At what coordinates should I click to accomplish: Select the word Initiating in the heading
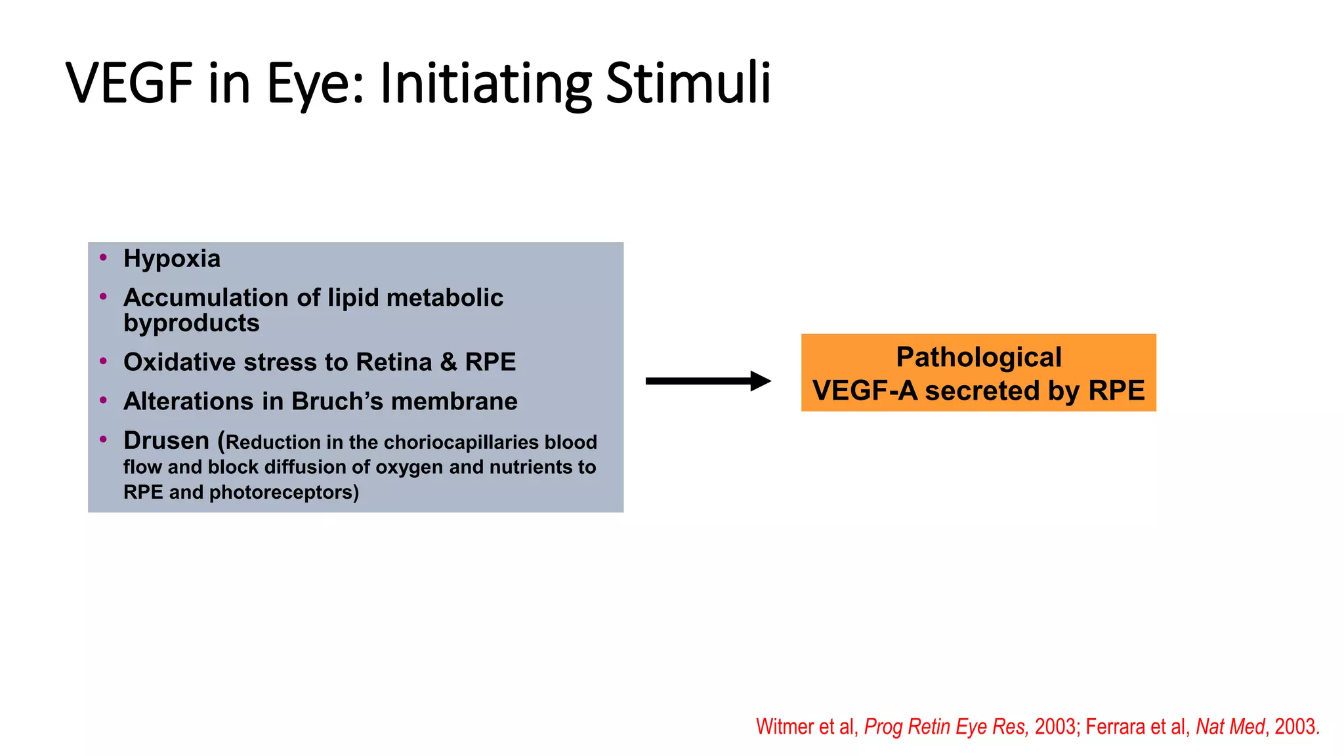pos(486,83)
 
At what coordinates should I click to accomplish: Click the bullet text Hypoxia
pos(172,259)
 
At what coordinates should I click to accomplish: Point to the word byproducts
pos(192,323)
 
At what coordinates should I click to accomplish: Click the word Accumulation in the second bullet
pos(205,297)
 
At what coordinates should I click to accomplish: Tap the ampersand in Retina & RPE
pos(448,362)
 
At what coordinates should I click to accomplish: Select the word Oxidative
pos(179,362)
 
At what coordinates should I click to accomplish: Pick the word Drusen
pos(166,440)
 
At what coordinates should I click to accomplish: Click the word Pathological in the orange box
pos(978,357)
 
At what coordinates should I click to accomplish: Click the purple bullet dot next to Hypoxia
pos(103,257)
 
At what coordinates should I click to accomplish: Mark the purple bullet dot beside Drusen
pos(103,439)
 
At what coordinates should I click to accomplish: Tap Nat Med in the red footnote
pos(1229,726)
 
